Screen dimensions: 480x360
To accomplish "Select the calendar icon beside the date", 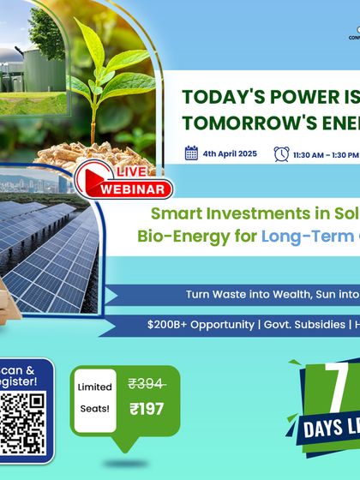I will click(x=192, y=153).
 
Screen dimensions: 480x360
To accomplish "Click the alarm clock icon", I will click(x=281, y=153).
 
